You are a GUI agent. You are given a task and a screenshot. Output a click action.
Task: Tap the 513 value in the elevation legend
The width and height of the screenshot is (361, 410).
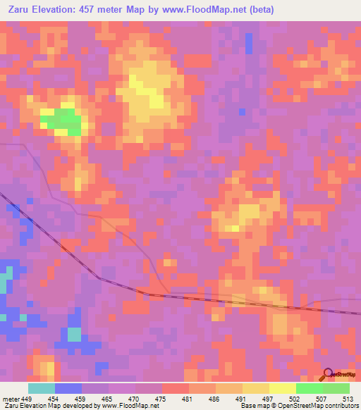click(x=348, y=398)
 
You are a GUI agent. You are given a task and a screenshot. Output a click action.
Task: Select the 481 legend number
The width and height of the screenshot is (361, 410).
click(x=188, y=398)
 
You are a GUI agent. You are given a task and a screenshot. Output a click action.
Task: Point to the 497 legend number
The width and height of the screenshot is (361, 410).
click(x=268, y=398)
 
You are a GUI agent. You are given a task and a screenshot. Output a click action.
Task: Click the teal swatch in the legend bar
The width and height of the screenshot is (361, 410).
click(x=42, y=388)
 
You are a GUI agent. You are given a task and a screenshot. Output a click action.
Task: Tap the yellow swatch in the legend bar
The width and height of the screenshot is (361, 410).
click(x=282, y=388)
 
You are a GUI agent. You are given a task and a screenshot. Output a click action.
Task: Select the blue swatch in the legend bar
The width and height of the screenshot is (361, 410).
click(x=68, y=388)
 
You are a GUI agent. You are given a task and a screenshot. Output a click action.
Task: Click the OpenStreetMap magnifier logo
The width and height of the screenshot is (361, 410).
click(x=328, y=375)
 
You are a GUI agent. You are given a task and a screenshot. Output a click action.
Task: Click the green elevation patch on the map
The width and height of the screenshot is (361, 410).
click(x=63, y=118)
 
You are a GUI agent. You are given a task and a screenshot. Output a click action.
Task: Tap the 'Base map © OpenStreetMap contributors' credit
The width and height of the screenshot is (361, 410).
click(x=298, y=406)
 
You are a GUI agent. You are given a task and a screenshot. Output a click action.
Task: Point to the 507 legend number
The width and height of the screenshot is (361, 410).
click(x=321, y=398)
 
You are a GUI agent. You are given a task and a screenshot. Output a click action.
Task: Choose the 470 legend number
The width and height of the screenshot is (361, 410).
click(x=135, y=398)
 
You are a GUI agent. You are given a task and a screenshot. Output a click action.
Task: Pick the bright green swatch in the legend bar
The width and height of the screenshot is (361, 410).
click(x=309, y=388)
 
